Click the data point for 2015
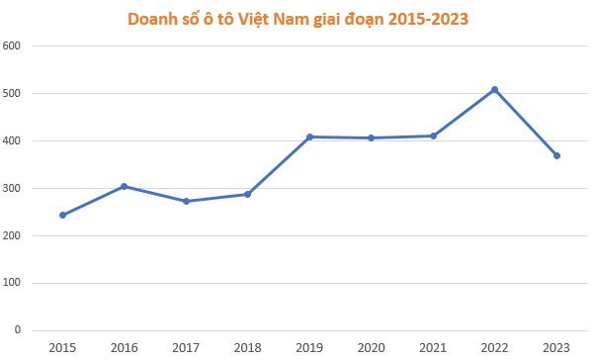click(63, 215)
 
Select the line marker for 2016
click(125, 186)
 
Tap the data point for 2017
click(186, 201)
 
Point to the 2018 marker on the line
click(247, 194)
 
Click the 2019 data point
click(309, 136)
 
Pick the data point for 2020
click(371, 137)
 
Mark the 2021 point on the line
click(433, 135)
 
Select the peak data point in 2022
click(494, 90)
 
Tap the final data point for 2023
click(556, 155)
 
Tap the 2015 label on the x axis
click(63, 347)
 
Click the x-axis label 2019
click(309, 347)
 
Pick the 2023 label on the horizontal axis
click(556, 347)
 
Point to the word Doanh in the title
click(152, 19)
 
